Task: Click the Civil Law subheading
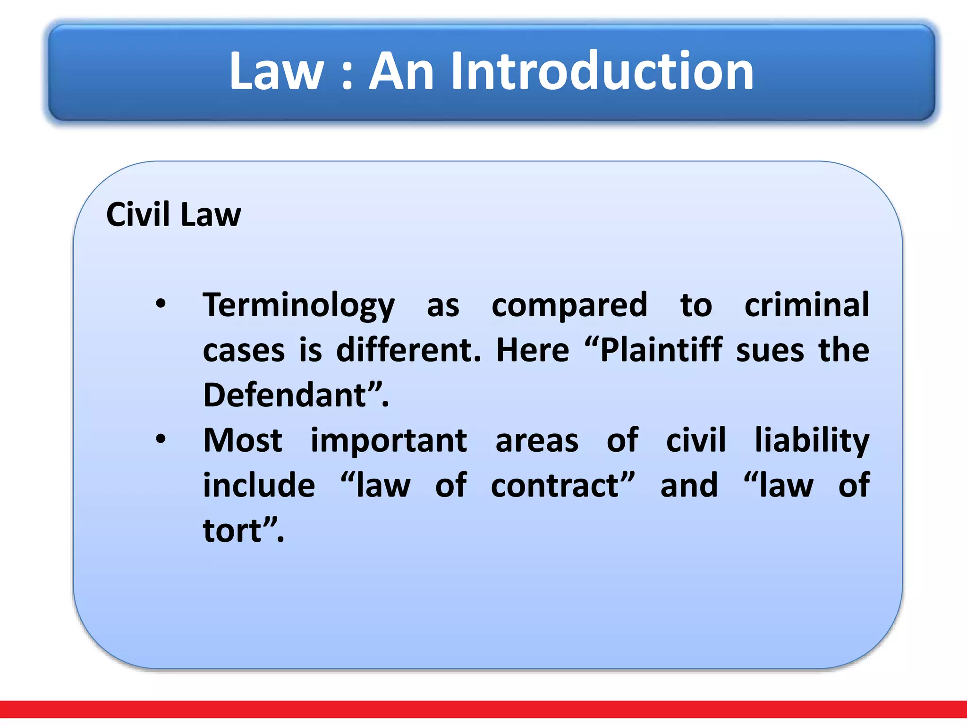173,215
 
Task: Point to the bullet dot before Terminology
161,304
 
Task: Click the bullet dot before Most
161,439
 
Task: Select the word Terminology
298,306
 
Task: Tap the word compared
569,306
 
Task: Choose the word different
408,350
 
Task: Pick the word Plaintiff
661,350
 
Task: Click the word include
259,485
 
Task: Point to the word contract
555,486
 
